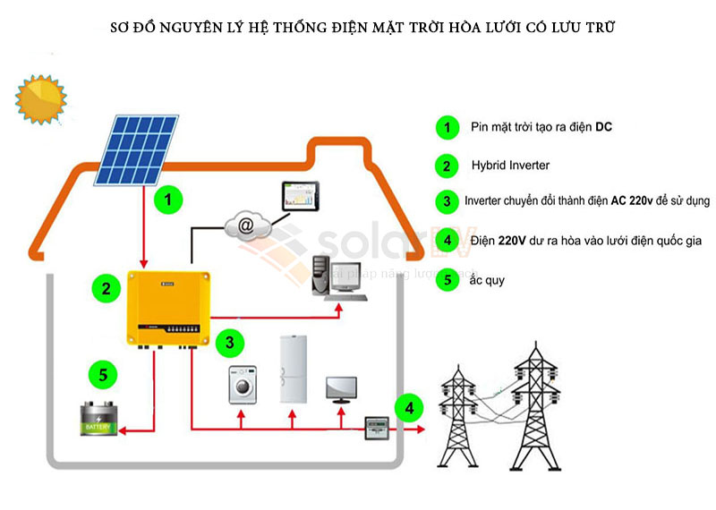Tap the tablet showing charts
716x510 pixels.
[x=299, y=197]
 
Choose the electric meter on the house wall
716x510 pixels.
[x=373, y=429]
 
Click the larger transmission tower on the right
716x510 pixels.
[x=537, y=403]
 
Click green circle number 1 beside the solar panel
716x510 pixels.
[x=167, y=199]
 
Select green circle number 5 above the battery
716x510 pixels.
[x=104, y=374]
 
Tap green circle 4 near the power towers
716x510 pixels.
[x=409, y=409]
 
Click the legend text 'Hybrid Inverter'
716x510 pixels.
[x=510, y=166]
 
